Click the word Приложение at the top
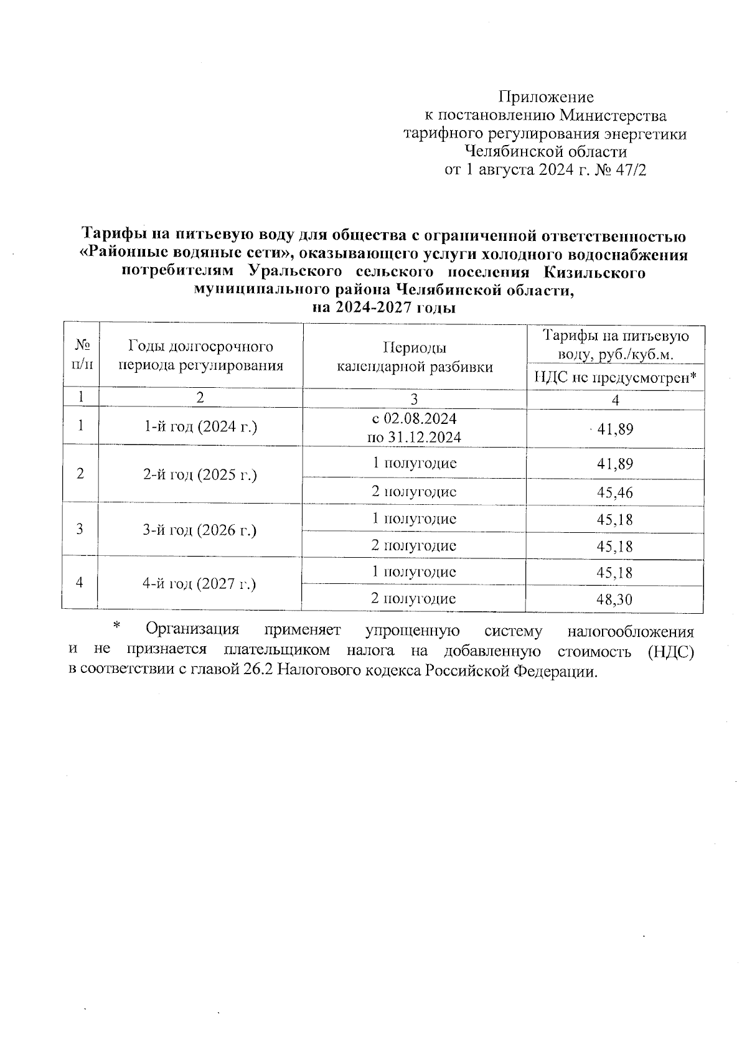pyautogui.click(x=546, y=97)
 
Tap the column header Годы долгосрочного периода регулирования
pyautogui.click(x=200, y=356)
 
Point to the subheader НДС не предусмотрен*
pyautogui.click(x=615, y=377)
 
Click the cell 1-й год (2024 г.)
pyautogui.click(x=200, y=427)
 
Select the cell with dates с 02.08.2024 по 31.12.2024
pyautogui.click(x=415, y=428)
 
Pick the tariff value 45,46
pyautogui.click(x=615, y=492)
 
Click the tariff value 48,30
pyautogui.click(x=615, y=599)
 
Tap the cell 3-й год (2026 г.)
pyautogui.click(x=200, y=530)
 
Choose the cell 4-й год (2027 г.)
pyautogui.click(x=200, y=583)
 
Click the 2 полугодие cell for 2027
pyautogui.click(x=413, y=599)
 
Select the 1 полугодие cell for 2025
pyautogui.click(x=415, y=463)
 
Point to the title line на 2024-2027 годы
pyautogui.click(x=384, y=308)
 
